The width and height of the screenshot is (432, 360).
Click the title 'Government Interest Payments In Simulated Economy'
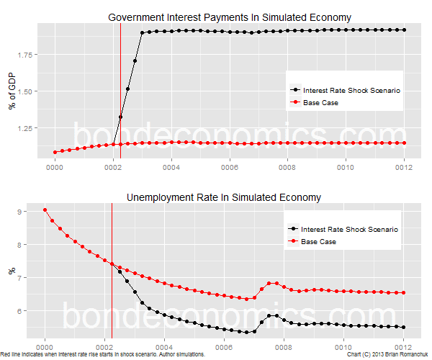(230, 17)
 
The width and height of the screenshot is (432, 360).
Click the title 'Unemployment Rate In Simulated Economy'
(224, 197)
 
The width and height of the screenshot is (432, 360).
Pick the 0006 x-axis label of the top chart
(230, 167)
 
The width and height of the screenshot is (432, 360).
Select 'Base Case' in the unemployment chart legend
(318, 241)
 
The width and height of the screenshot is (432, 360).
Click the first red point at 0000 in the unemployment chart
(45, 210)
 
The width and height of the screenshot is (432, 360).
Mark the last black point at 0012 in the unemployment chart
(404, 327)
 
